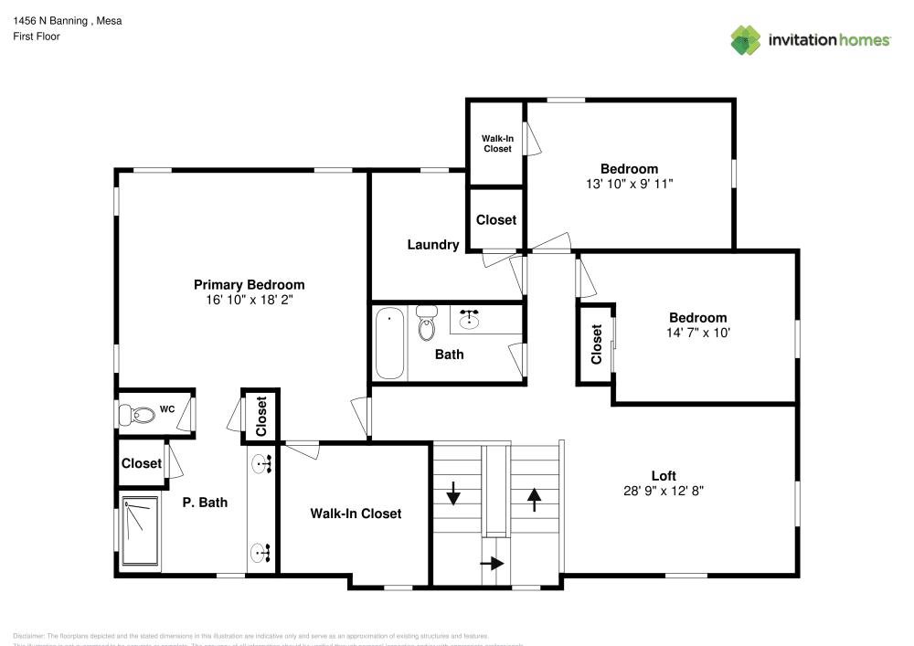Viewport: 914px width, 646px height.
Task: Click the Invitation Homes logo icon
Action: point(746,39)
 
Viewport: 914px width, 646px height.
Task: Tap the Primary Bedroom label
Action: point(249,284)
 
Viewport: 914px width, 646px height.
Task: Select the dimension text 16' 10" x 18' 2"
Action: point(249,299)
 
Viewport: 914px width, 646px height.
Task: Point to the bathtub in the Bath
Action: point(390,343)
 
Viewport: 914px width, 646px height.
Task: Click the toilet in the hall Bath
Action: point(426,323)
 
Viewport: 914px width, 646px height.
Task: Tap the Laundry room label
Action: point(432,245)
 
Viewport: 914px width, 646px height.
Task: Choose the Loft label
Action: point(664,475)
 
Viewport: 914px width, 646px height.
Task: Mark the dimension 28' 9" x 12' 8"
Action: point(664,490)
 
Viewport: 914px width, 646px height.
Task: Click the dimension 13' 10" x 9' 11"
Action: point(629,184)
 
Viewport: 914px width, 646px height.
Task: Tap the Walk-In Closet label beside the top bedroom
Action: point(497,143)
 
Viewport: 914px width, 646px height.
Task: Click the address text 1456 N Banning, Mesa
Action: point(67,20)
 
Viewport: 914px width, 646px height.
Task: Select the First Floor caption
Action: point(37,37)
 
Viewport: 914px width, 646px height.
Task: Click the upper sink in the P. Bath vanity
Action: point(264,464)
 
